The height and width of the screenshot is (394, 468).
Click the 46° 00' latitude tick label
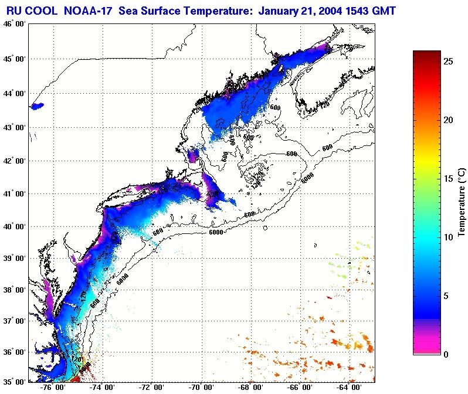[x=13, y=24]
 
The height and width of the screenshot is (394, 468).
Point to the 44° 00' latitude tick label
[x=13, y=94]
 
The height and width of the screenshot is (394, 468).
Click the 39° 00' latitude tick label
[x=13, y=259]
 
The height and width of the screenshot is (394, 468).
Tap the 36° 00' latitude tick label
[x=13, y=352]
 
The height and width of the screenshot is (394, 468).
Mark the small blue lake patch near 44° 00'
[x=37, y=106]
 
